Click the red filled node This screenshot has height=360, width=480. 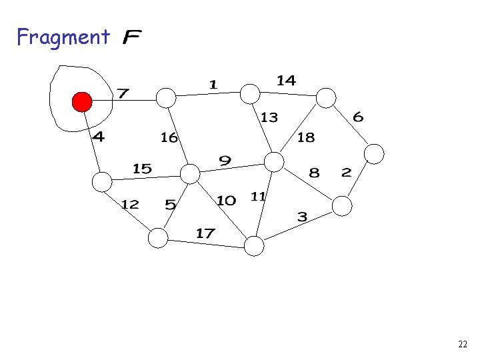click(x=82, y=102)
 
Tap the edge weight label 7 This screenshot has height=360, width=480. click(x=123, y=93)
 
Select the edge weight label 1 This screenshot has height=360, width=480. click(x=213, y=84)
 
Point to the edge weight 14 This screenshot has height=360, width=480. click(x=286, y=80)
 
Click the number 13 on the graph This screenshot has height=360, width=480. click(x=269, y=117)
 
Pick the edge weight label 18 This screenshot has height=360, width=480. click(x=306, y=138)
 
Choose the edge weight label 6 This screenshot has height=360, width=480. click(x=358, y=117)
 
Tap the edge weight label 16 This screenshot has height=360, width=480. click(x=169, y=137)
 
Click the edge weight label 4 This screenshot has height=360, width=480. click(x=99, y=137)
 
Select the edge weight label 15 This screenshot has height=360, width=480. click(x=142, y=169)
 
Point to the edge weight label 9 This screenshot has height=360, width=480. click(x=225, y=161)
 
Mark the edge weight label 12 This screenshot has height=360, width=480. click(x=130, y=204)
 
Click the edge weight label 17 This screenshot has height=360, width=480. click(x=205, y=233)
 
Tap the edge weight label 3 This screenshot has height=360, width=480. click(x=302, y=217)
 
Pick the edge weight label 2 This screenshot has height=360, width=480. click(x=346, y=172)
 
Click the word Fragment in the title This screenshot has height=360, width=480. click(x=63, y=37)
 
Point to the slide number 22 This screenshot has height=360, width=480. click(x=463, y=345)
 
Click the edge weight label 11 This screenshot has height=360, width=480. click(x=259, y=196)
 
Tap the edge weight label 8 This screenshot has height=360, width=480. click(x=314, y=173)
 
